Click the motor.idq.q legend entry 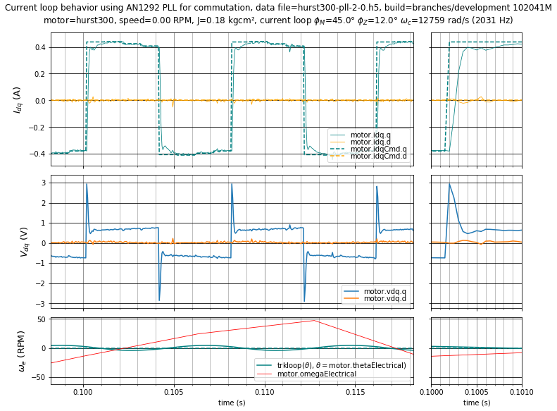pos(370,135)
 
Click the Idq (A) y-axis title pos(16,100)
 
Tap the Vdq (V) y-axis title pos(23,241)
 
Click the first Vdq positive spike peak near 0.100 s pos(87,184)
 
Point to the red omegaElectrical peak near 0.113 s pos(314,320)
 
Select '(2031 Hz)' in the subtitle pos(488,20)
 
